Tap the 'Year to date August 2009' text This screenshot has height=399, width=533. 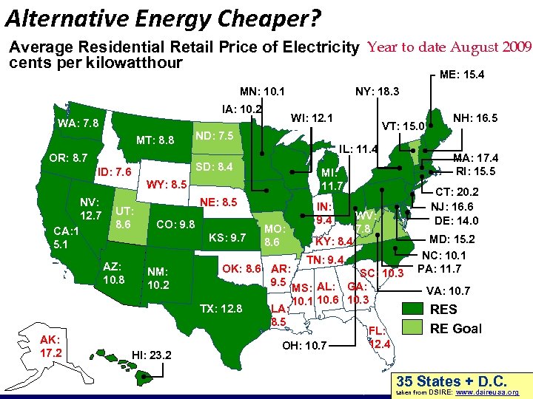[x=449, y=47]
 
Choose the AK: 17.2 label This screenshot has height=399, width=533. [x=52, y=345]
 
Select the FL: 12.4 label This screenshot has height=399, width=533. [x=379, y=338]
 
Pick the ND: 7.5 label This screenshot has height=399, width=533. [x=214, y=136]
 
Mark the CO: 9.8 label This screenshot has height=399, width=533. [x=175, y=224]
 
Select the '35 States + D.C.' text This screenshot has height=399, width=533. [x=451, y=381]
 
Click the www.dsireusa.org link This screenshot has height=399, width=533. [x=492, y=393]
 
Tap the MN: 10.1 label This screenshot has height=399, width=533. [x=262, y=92]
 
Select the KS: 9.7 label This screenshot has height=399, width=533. [x=227, y=237]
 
